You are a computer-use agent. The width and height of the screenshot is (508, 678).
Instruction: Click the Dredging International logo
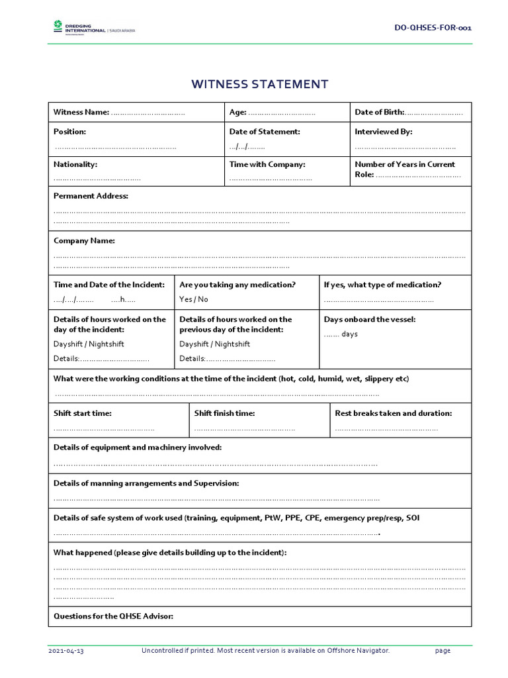[93, 27]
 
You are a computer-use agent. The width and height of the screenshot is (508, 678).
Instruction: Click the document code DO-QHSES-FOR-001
[433, 28]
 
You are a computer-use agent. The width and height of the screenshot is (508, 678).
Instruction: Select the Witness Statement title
[259, 84]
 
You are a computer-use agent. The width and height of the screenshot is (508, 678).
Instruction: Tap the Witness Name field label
[81, 113]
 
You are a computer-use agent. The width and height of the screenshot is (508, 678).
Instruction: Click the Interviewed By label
[383, 132]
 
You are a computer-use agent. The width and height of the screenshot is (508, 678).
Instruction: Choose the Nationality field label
[75, 164]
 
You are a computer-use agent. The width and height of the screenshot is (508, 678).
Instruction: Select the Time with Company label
[267, 164]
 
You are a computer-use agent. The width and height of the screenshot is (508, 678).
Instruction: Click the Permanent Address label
[91, 196]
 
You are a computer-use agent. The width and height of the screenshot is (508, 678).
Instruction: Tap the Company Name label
[84, 240]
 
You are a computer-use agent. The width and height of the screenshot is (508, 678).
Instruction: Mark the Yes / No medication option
[193, 299]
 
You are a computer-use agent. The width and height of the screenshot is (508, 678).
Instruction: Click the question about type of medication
[382, 285]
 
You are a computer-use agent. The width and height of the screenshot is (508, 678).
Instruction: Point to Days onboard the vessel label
[370, 319]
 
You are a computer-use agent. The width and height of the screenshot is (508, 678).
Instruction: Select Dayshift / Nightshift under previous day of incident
[214, 344]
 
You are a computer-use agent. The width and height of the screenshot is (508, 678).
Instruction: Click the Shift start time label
[83, 413]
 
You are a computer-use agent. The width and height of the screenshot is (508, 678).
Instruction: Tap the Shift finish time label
[224, 413]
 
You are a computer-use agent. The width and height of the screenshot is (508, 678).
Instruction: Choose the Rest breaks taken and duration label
[394, 413]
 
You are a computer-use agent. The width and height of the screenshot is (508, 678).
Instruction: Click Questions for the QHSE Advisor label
[113, 616]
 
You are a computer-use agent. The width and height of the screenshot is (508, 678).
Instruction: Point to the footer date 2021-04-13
[66, 651]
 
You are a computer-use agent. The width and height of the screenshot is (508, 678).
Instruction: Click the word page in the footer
[443, 651]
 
